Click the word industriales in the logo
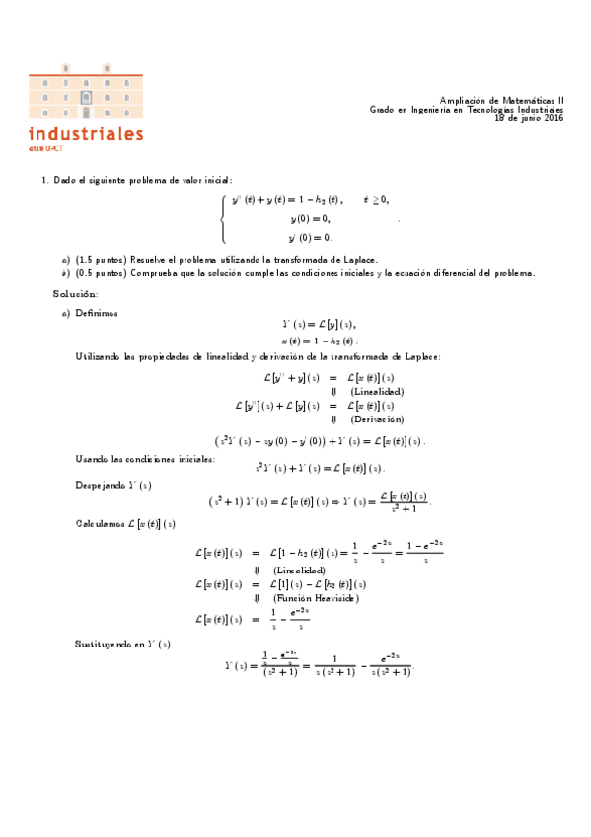[x=87, y=133]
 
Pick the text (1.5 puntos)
[x=102, y=259]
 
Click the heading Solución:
[x=75, y=293]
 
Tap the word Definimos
[x=97, y=312]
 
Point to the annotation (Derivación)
[x=377, y=419]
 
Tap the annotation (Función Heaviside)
[x=316, y=598]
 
